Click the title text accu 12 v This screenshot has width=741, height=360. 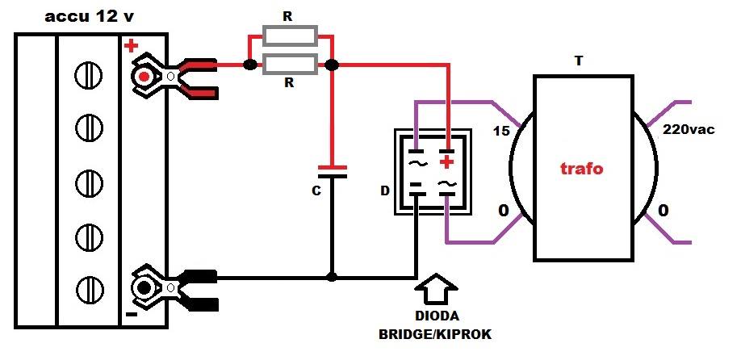pyautogui.click(x=89, y=18)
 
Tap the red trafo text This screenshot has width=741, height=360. pyautogui.click(x=582, y=169)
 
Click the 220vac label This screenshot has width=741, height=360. pyautogui.click(x=689, y=129)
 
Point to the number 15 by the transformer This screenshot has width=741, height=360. pyautogui.click(x=501, y=131)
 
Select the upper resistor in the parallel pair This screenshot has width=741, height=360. pyautogui.click(x=290, y=36)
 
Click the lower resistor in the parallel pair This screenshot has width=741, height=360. pyautogui.click(x=290, y=65)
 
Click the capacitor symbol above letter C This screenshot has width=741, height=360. pyautogui.click(x=333, y=171)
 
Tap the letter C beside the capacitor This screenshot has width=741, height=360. pyautogui.click(x=316, y=190)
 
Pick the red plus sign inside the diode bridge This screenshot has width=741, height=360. pyautogui.click(x=446, y=163)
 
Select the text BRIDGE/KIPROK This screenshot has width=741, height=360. pyautogui.click(x=435, y=334)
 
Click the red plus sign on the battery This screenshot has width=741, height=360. pyautogui.click(x=131, y=46)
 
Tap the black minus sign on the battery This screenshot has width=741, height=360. pyautogui.click(x=132, y=314)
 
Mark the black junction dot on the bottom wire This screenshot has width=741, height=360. pyautogui.click(x=333, y=277)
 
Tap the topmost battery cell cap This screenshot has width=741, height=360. pyautogui.click(x=88, y=76)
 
